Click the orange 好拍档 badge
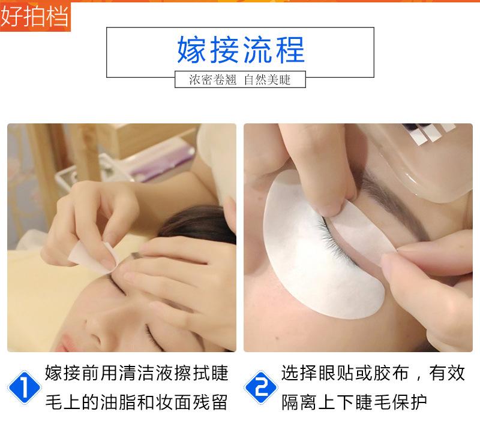(x=35, y=16)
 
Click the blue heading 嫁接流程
(x=241, y=50)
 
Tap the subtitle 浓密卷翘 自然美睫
(x=239, y=80)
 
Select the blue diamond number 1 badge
(x=24, y=387)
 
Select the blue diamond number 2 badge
(x=261, y=387)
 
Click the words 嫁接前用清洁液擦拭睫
(x=137, y=373)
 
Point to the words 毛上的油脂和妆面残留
(x=137, y=402)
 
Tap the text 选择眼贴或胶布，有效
(x=373, y=373)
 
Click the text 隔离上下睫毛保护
(x=354, y=402)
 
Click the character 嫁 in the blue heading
(x=192, y=50)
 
